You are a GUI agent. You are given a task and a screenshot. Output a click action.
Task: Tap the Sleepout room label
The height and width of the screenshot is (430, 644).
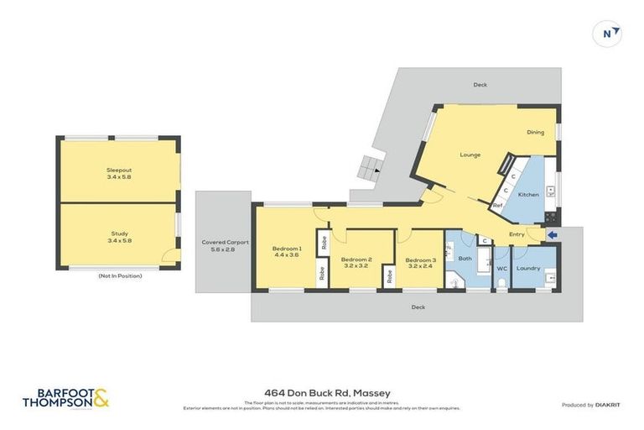pos(119,174)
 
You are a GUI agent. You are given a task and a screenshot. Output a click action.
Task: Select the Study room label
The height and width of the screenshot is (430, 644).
pos(119,237)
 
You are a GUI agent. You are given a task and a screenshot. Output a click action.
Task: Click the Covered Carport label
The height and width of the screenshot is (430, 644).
pos(225,246)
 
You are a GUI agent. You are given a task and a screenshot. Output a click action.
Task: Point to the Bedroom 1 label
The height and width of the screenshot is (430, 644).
pos(286,251)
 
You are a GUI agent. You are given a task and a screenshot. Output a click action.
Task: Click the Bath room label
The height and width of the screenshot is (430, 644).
pos(465,258)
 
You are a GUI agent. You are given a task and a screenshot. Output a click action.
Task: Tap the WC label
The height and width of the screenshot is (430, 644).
pos(501,269)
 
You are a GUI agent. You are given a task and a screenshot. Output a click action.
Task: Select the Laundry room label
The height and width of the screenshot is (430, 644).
pos(528,269)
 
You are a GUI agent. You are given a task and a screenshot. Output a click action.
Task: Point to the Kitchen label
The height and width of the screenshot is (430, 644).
pos(528,195)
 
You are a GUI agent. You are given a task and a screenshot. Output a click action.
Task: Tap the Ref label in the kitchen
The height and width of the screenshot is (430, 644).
pos(497,206)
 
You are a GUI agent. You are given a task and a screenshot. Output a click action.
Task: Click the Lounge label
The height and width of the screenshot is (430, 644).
pos(470,155)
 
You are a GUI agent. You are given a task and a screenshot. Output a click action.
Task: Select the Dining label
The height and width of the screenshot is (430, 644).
pos(535,133)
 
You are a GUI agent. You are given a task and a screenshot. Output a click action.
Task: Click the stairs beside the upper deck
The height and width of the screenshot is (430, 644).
pos(368,170)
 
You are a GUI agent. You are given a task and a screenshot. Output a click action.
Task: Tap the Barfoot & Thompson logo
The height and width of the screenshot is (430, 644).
pos(65,398)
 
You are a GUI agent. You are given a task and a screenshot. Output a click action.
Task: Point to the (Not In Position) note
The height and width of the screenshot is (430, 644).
pos(119,275)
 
